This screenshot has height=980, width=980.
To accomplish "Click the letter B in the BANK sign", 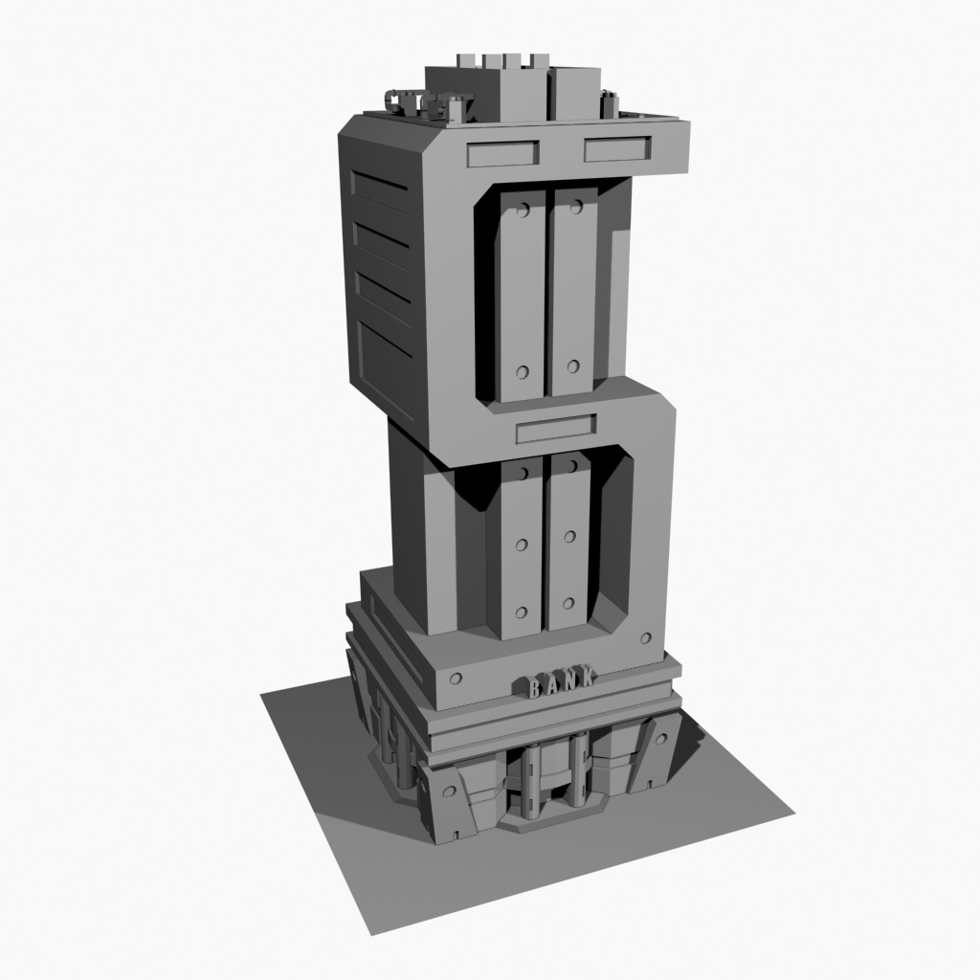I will (x=533, y=686).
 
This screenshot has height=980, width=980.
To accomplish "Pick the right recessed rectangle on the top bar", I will (x=617, y=149).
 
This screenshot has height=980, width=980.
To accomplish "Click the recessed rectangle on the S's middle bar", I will (x=556, y=430).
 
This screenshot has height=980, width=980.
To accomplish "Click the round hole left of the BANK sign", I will (x=456, y=679).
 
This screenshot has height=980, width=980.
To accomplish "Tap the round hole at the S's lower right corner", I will (x=646, y=637).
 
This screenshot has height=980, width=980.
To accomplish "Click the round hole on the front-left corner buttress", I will (x=447, y=791).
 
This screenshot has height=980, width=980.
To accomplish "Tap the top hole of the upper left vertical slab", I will (x=523, y=208).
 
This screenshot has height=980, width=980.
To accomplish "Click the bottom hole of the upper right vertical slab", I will (x=573, y=365).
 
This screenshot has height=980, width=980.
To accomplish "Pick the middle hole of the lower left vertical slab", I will (x=522, y=544).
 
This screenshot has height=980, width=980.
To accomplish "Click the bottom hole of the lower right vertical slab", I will (x=568, y=603).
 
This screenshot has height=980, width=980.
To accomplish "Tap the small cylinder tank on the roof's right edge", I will (x=608, y=100).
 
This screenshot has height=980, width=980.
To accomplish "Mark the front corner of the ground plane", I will (x=371, y=933).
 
